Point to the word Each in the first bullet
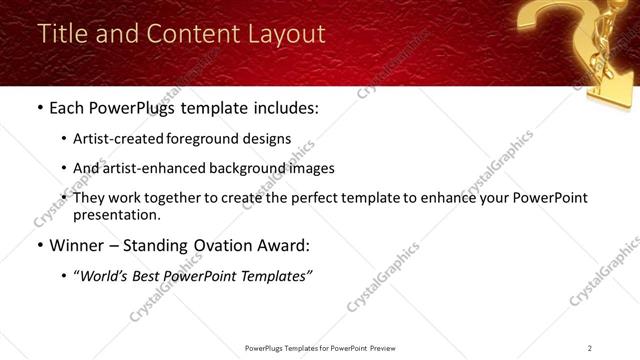pos(67,108)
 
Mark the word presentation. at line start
pos(116,215)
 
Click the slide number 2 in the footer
pos(590,348)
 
